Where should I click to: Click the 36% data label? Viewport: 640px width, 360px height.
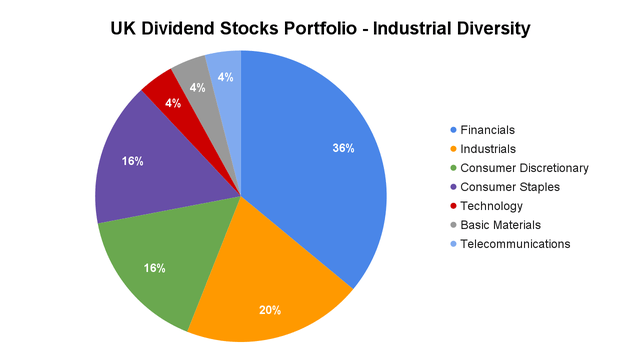click(343, 148)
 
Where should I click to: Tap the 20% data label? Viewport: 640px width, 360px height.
click(270, 310)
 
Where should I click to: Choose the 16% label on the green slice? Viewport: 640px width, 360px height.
click(154, 268)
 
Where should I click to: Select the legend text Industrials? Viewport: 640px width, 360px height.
click(489, 149)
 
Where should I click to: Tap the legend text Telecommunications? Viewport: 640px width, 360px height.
click(516, 244)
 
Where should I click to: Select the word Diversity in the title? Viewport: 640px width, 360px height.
click(487, 28)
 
